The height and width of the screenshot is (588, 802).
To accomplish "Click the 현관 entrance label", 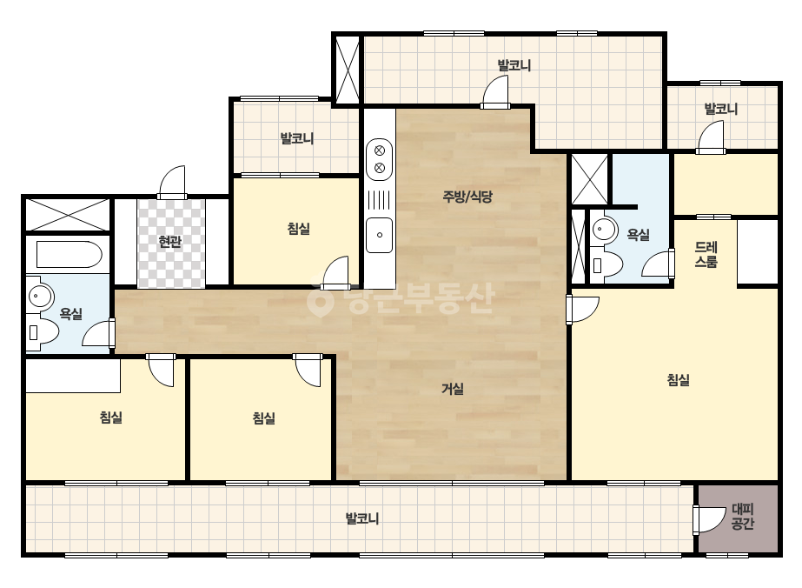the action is [x=170, y=241].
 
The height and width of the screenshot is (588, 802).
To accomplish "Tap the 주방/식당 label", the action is [x=467, y=197].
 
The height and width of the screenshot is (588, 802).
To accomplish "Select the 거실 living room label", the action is [x=453, y=389].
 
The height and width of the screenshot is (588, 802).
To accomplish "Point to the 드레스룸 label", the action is [x=706, y=255].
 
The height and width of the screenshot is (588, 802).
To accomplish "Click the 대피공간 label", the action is [x=743, y=517].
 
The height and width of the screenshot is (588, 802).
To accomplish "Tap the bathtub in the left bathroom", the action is [x=70, y=255].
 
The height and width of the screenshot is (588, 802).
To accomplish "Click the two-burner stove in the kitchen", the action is [x=380, y=159].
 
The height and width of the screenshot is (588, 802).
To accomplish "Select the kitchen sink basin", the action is [x=380, y=235].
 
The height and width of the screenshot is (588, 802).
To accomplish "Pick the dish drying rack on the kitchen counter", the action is [x=380, y=200].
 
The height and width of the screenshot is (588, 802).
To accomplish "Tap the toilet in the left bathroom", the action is [x=43, y=332].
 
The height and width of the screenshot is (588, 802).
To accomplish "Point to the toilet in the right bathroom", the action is [x=607, y=265].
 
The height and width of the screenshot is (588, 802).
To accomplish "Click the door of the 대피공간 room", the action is [x=709, y=520].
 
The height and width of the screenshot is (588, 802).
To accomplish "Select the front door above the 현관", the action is [x=172, y=183].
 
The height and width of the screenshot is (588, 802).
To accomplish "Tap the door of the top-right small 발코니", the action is [x=711, y=138].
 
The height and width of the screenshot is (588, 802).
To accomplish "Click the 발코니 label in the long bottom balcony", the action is [x=362, y=518].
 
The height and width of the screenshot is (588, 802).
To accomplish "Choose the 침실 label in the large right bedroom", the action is [x=679, y=379].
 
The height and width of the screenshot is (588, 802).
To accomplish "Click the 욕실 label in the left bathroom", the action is [x=71, y=313].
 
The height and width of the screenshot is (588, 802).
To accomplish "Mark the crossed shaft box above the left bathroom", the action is [x=68, y=215].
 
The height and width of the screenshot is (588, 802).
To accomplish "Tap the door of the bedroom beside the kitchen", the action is [x=335, y=272].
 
